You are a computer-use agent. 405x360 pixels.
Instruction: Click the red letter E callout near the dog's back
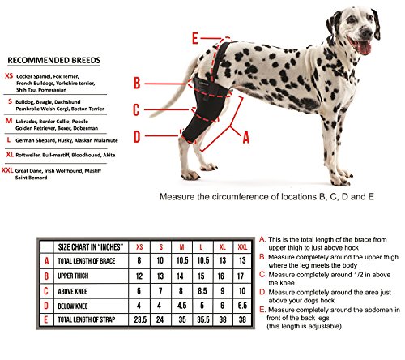coord(195,38)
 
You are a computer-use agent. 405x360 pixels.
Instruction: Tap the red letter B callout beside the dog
coord(137,83)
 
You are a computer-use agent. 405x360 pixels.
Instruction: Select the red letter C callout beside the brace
coord(136,109)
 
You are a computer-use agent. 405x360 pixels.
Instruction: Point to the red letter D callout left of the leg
coord(137,137)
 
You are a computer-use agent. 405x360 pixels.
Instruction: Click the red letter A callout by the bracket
coord(245,138)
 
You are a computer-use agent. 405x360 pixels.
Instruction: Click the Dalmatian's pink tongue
coord(364,47)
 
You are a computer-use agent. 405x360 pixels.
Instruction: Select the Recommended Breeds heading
coord(54,60)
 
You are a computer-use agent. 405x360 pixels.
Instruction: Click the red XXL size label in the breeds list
coord(7,170)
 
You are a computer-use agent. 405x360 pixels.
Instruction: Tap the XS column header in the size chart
coord(139,247)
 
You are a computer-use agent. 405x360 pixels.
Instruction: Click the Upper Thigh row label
coord(73,276)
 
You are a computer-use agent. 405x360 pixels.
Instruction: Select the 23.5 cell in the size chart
coord(140,319)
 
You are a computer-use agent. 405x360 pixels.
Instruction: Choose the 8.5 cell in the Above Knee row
coord(202,291)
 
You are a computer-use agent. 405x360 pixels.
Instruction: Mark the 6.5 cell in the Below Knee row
coord(242,306)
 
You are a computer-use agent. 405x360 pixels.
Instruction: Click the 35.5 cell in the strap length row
coord(203,319)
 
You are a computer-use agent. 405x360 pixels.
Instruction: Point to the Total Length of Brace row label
coord(87,261)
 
